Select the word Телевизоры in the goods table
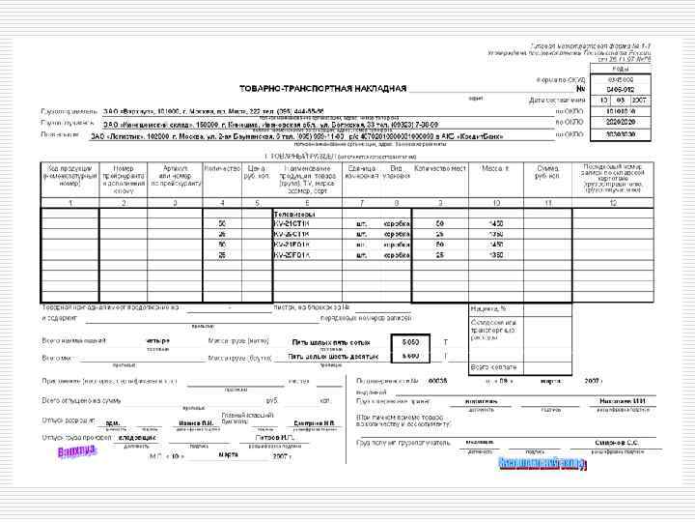pyautogui.click(x=294, y=213)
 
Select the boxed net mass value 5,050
pyautogui.click(x=409, y=341)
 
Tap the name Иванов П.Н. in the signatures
pyautogui.click(x=193, y=421)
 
